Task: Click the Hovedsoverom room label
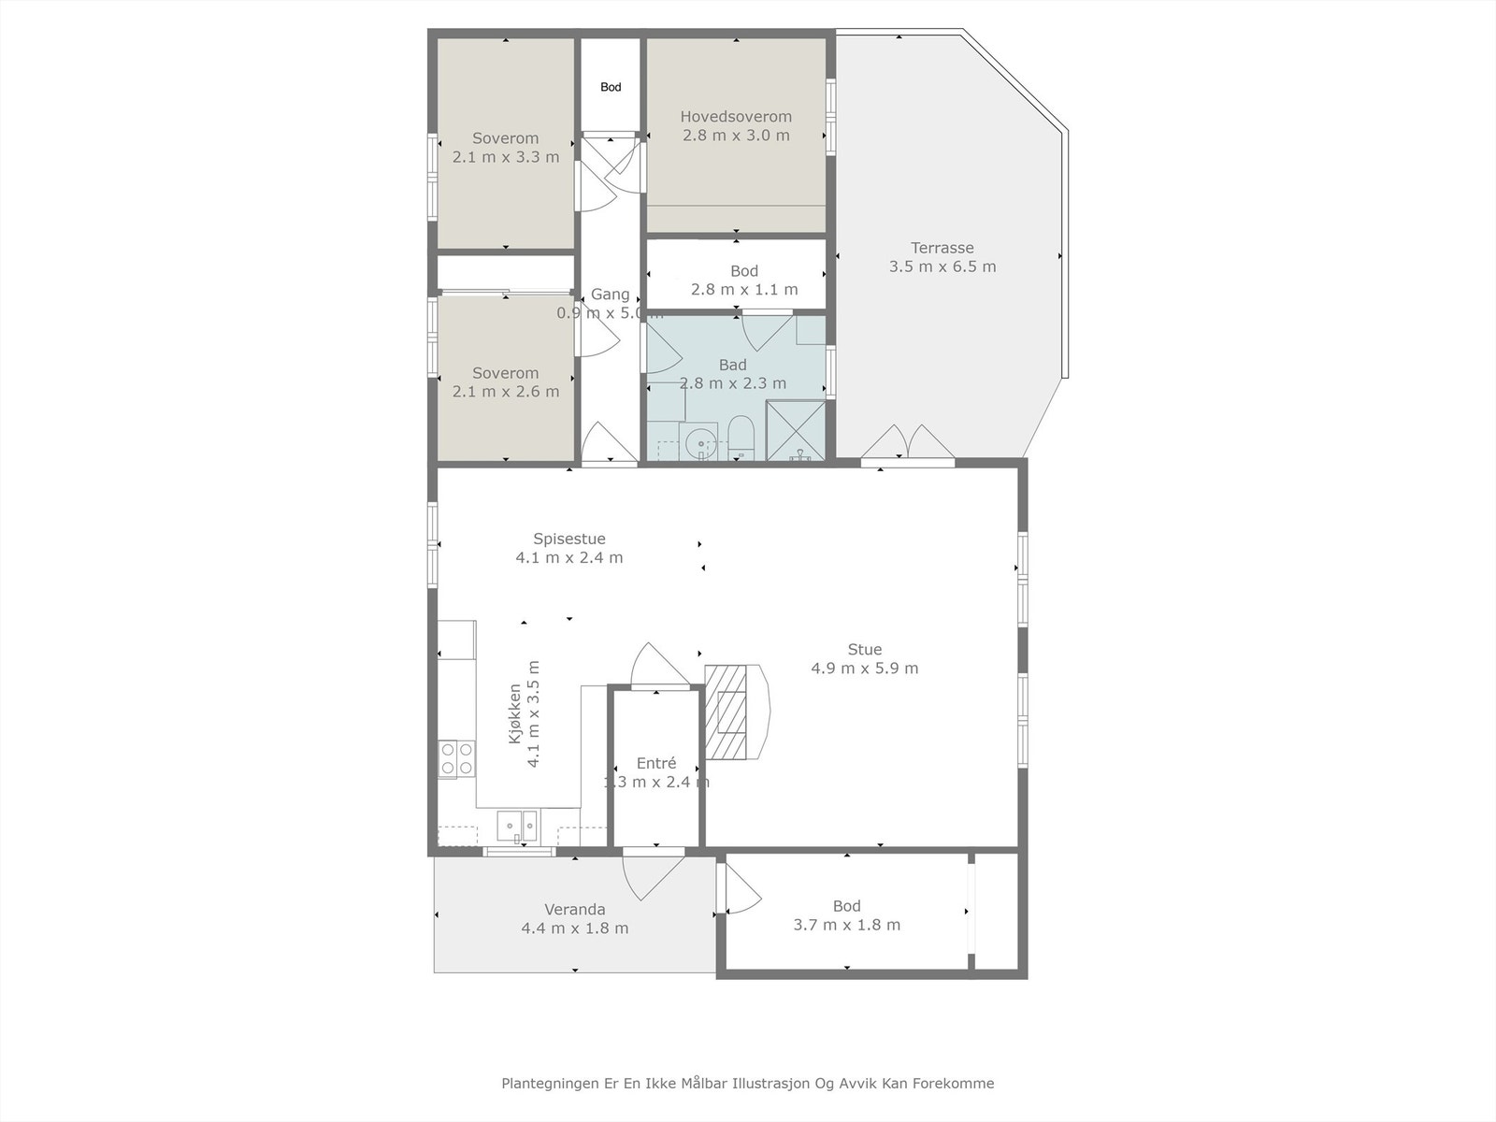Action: (736, 117)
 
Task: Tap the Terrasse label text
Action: (942, 248)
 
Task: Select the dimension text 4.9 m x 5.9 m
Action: (864, 669)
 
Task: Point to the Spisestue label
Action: (569, 539)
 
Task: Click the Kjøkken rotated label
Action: (515, 713)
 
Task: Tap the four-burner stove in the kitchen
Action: (456, 758)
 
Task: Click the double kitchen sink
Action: (517, 827)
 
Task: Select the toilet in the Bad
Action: (741, 438)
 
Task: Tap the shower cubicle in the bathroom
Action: (796, 430)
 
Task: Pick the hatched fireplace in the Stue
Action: (726, 712)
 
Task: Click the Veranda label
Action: (574, 910)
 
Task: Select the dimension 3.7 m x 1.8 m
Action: (846, 925)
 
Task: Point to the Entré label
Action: (656, 763)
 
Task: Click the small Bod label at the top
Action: (611, 87)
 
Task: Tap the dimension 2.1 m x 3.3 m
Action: (506, 157)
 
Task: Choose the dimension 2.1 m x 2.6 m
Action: (506, 392)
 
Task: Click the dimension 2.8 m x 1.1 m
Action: (744, 290)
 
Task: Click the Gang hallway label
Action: (610, 295)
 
